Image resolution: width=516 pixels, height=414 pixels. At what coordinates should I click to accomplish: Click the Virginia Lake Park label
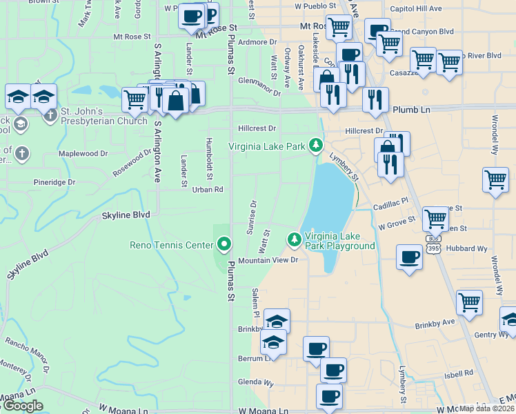pos(267,146)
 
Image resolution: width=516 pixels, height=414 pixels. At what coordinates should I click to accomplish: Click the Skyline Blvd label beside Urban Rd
pos(126,215)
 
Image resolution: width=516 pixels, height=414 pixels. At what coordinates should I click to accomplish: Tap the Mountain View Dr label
pos(268,261)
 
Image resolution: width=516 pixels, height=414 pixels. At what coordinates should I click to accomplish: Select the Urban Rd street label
pos(208,189)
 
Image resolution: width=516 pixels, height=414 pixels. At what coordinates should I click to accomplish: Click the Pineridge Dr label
pos(54,182)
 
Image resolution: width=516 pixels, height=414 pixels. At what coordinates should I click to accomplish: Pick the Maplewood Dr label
pos(79,153)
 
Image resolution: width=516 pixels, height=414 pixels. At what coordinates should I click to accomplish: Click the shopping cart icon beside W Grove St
pos(435,219)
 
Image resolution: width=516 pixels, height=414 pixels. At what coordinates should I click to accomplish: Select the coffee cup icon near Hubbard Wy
pos(409,257)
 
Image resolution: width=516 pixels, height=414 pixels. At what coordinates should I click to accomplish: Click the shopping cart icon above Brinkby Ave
pos(469,302)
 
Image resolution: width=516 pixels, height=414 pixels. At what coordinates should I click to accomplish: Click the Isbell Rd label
pos(458,373)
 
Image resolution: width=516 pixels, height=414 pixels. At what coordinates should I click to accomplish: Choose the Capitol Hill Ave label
pos(415,8)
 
